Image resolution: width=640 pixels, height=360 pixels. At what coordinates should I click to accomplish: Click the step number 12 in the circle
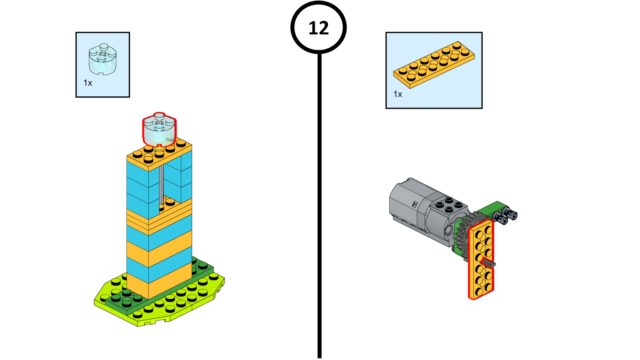(318, 28)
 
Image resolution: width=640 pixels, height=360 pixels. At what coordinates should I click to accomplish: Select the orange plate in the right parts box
(434, 64)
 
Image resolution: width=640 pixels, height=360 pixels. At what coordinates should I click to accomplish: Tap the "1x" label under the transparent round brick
(88, 83)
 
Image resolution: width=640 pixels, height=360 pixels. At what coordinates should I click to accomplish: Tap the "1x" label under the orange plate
(398, 94)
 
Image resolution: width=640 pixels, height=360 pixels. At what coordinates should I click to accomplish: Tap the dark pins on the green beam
(505, 216)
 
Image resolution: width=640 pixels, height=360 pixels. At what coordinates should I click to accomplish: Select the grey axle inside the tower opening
(161, 184)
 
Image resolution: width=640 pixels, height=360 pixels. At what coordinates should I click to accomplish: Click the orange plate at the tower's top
(159, 154)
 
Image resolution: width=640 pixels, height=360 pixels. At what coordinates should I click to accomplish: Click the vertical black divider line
(319, 200)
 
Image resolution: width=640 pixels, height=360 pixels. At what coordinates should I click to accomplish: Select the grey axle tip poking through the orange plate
(488, 263)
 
